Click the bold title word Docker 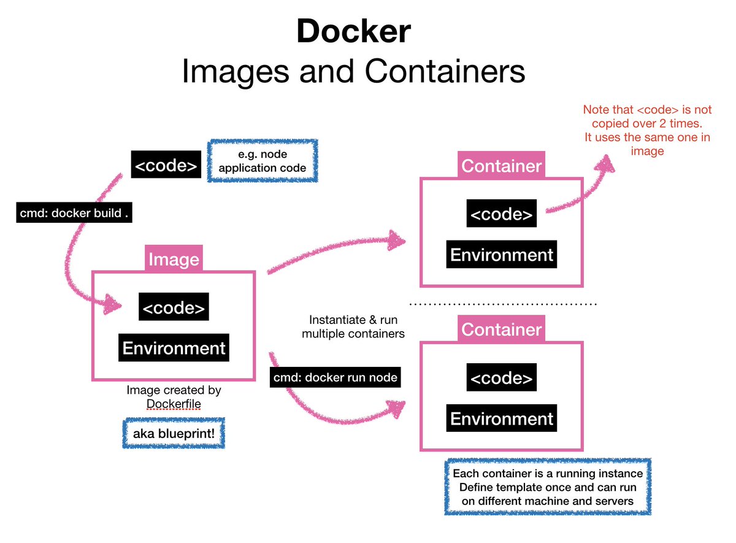[354, 31]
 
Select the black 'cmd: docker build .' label [74, 213]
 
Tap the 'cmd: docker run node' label [335, 377]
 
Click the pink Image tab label [174, 259]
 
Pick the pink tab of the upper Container [502, 165]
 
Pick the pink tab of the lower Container [502, 329]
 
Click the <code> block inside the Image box [174, 307]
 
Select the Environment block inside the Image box [174, 348]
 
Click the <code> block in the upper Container [502, 214]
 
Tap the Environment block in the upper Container [502, 255]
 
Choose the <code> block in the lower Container [502, 377]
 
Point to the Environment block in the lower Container [502, 418]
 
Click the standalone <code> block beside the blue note [166, 164]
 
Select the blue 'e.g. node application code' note [263, 161]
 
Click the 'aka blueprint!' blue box [174, 433]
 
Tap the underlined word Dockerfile [174, 404]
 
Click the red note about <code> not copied [647, 130]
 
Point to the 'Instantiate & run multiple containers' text [353, 326]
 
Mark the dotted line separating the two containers [503, 304]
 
